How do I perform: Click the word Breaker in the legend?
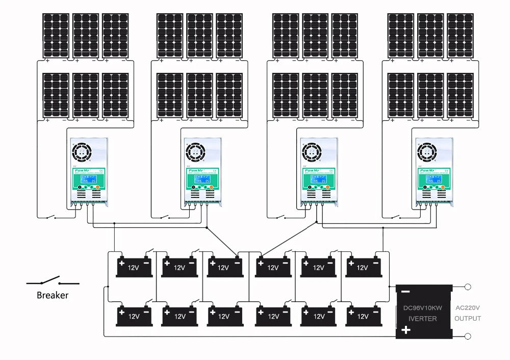click(x=53, y=295)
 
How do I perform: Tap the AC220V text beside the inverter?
click(x=468, y=307)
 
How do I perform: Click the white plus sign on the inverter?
click(x=406, y=330)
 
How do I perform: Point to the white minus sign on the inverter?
click(x=405, y=292)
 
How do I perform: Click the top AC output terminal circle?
click(x=468, y=287)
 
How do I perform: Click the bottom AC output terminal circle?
click(x=468, y=336)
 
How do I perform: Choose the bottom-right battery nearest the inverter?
click(x=364, y=316)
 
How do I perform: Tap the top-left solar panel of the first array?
click(x=56, y=35)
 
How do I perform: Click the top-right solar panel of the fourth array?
click(x=460, y=35)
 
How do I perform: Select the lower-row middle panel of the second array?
click(x=199, y=95)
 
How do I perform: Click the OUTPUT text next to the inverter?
click(x=468, y=318)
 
